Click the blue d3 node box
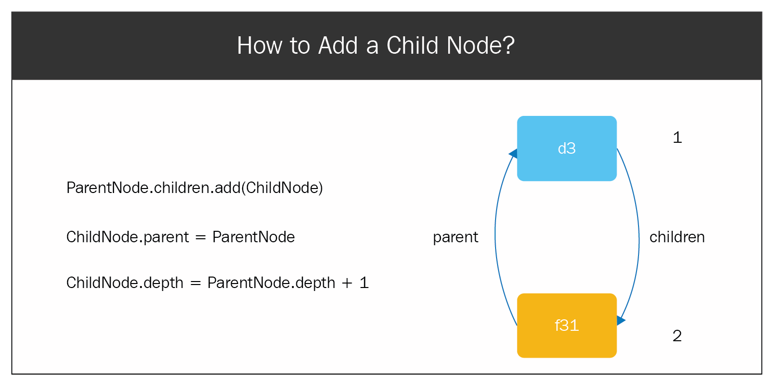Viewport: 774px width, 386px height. pyautogui.click(x=567, y=148)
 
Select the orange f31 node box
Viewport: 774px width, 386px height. pyautogui.click(x=567, y=326)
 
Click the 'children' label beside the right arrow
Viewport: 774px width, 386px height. pyautogui.click(x=677, y=237)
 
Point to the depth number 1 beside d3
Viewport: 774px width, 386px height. pyautogui.click(x=677, y=137)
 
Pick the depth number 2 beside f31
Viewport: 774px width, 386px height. pyautogui.click(x=677, y=336)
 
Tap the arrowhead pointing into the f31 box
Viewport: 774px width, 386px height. pyautogui.click(x=621, y=320)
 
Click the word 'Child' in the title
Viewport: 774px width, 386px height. pyautogui.click(x=412, y=46)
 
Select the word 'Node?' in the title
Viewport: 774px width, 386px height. pyautogui.click(x=481, y=46)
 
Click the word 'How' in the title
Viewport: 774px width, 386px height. pyautogui.click(x=259, y=46)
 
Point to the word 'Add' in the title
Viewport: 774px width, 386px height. pyautogui.click(x=338, y=46)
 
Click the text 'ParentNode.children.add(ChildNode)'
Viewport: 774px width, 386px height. pyautogui.click(x=195, y=188)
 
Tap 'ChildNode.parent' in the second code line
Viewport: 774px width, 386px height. pyautogui.click(x=128, y=237)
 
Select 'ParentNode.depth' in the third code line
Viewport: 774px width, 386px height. pyautogui.click(x=271, y=283)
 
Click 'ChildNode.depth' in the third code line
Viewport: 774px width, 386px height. pyautogui.click(x=125, y=283)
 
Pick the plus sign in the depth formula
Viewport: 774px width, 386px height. pyautogui.click(x=347, y=283)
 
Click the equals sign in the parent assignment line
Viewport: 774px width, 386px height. pyautogui.click(x=200, y=237)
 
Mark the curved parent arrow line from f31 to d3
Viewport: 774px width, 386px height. pyautogui.click(x=495, y=238)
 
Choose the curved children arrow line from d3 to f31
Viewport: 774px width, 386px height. pyautogui.click(x=639, y=238)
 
